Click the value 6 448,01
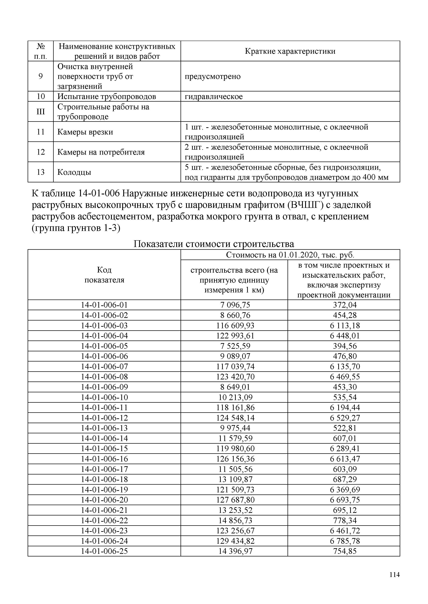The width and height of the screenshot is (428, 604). coord(344,336)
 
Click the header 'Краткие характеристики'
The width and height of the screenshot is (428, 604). coord(290,51)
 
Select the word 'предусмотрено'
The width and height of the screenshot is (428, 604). coord(212,76)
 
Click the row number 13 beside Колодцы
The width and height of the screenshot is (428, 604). coord(41,172)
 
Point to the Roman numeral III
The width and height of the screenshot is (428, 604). coord(41,112)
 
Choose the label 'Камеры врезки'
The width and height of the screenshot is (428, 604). coord(85,132)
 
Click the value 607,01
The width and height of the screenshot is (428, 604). coord(344,438)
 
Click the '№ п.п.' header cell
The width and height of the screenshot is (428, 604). coord(41,51)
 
